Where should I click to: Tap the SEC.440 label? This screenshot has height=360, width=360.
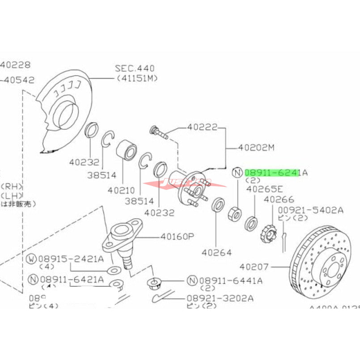point(135,68)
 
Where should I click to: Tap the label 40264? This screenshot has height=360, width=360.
point(216,253)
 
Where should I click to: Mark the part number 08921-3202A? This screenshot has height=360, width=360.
point(221,297)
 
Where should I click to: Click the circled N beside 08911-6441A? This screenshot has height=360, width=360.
point(192,280)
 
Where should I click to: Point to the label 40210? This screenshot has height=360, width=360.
point(122,190)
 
